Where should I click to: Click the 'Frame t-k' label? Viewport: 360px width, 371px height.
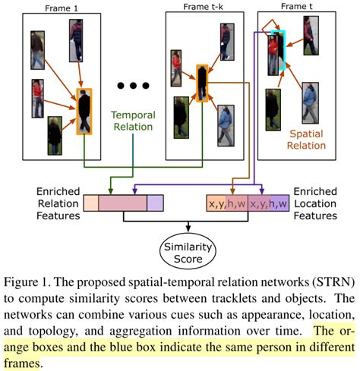[x=204, y=7]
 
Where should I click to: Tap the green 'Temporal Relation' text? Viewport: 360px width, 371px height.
[x=134, y=121]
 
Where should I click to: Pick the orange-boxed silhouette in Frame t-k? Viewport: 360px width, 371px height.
[x=202, y=83]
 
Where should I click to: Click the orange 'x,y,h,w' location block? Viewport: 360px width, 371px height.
[x=227, y=203]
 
